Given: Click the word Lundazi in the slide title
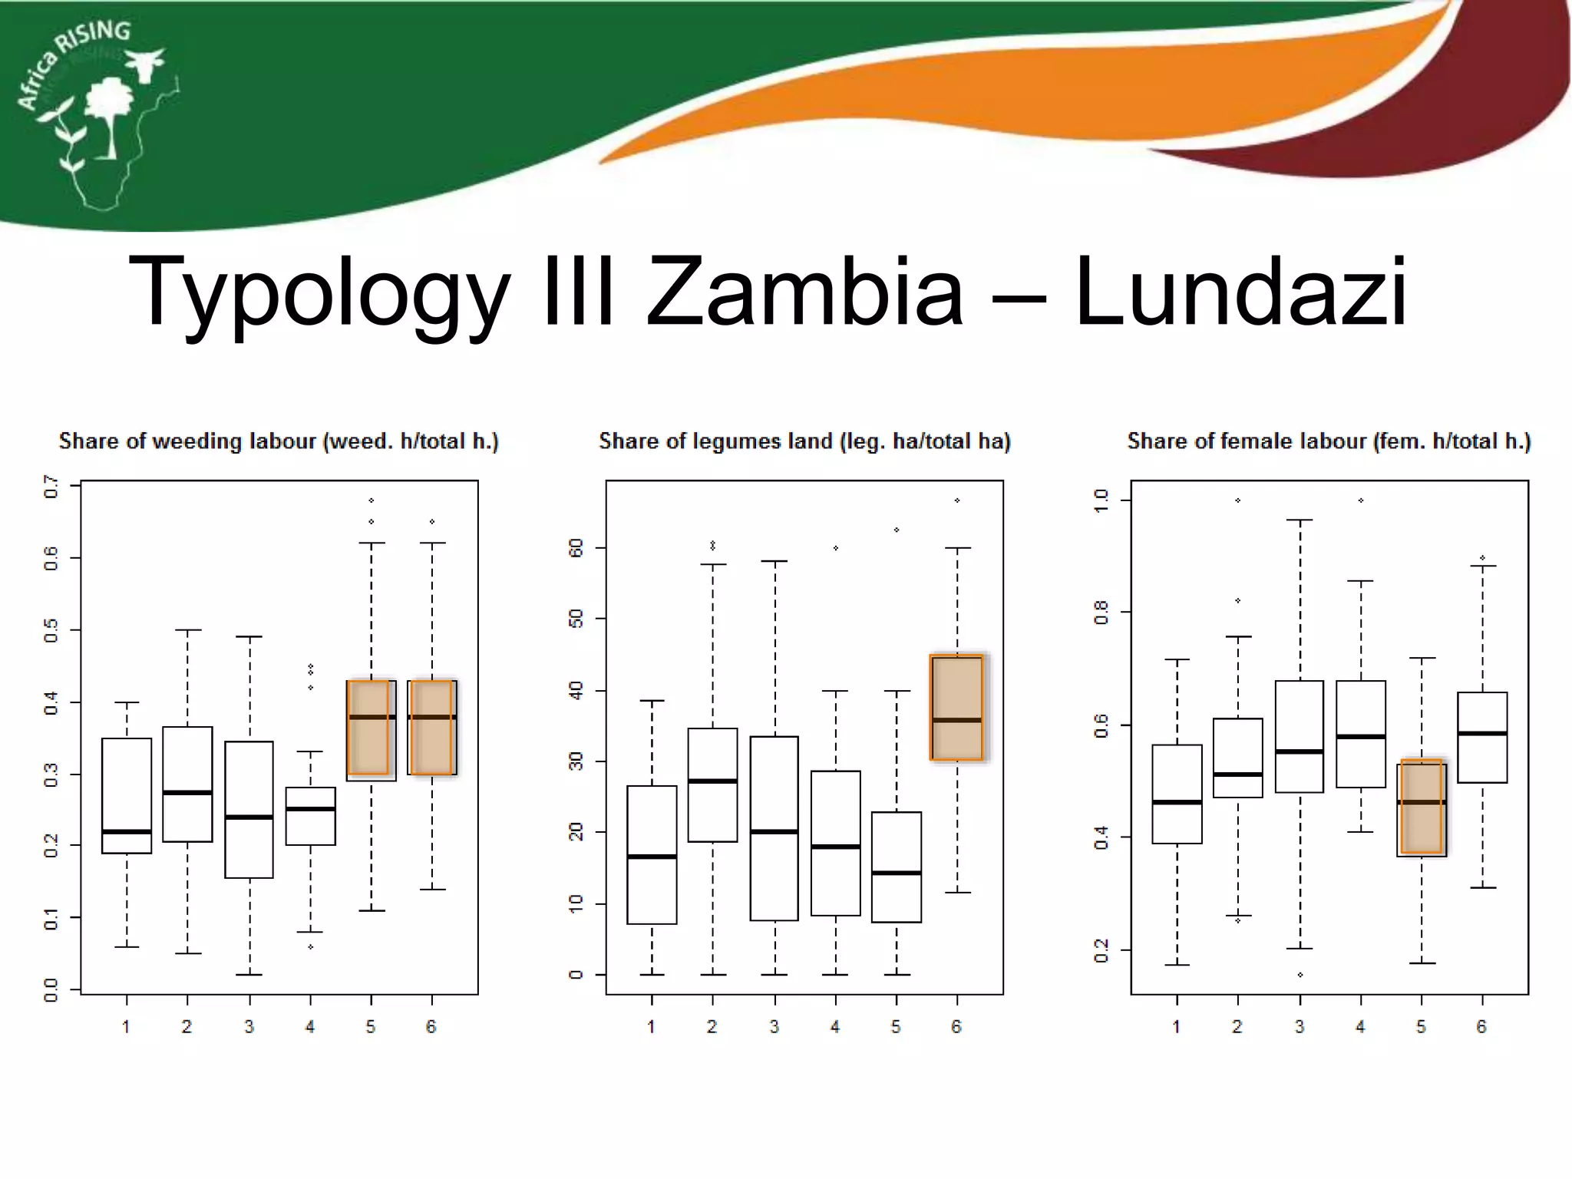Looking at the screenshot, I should coord(1240,292).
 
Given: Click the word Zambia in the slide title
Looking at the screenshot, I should coord(804,292).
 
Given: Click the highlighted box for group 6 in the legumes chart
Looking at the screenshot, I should coord(956,707).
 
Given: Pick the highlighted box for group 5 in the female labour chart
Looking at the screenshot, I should coord(1422,807).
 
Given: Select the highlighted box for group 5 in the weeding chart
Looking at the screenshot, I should coord(370,728).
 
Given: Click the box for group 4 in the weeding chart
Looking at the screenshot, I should coord(310,816).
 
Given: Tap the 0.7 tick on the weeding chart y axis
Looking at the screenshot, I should coord(51,487).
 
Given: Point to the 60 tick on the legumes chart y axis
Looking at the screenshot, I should coord(576,548).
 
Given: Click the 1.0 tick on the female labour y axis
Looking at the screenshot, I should coord(1101,500).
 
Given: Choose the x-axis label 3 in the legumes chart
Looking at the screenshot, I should coord(774,1027).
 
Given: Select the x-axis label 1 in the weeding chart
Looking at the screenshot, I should coord(126,1027).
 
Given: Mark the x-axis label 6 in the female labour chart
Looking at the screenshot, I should coord(1481,1027).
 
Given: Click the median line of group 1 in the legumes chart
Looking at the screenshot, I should coord(652,857).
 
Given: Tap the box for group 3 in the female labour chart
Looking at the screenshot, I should coord(1300,736).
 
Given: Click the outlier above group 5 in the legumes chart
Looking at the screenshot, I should coord(897,530).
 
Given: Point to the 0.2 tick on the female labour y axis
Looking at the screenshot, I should coord(1101,950).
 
